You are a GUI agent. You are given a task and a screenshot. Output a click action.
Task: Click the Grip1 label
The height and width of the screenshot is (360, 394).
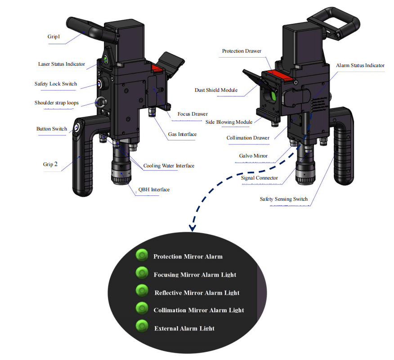[x=54, y=36]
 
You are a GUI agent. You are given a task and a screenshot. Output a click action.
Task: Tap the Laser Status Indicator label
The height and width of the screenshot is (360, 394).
[x=61, y=64]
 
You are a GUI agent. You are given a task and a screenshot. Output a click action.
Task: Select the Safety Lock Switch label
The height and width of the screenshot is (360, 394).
[x=56, y=84]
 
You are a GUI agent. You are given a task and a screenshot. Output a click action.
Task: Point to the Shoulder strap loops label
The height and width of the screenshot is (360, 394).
[x=57, y=103]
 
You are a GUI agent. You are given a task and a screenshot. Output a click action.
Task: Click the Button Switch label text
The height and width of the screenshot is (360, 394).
[x=52, y=129]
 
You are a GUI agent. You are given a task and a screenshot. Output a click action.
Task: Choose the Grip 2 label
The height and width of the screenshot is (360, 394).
[x=50, y=164]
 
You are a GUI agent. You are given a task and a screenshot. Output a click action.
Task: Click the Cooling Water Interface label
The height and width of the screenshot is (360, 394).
[x=169, y=166]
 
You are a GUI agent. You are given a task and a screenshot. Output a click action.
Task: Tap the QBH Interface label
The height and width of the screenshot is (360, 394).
[x=153, y=189]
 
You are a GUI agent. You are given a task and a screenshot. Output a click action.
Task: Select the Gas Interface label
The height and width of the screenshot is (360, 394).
[x=182, y=134]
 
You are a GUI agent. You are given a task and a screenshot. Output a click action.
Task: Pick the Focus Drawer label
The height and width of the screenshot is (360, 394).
[x=193, y=114]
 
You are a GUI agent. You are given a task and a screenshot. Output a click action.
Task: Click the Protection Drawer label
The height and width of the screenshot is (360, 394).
[x=242, y=51]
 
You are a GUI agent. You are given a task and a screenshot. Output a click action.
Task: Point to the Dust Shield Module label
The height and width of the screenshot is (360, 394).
[x=216, y=90]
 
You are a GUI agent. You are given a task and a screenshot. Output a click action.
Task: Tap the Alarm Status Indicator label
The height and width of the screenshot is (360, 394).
[x=360, y=65]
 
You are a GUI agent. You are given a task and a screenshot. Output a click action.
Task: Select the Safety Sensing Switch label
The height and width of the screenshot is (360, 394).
[x=284, y=199]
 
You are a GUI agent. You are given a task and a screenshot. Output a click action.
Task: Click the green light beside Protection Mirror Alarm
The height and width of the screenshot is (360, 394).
[x=142, y=256]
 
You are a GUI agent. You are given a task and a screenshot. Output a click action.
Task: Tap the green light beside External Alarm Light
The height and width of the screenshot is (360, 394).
[x=142, y=326]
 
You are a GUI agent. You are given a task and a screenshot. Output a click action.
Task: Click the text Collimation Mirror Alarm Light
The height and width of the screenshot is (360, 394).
[x=199, y=310]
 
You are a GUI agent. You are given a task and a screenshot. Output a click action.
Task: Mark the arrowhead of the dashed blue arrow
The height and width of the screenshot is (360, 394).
[x=192, y=228]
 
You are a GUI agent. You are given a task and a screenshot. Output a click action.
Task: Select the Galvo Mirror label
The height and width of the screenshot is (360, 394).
[x=253, y=156]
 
